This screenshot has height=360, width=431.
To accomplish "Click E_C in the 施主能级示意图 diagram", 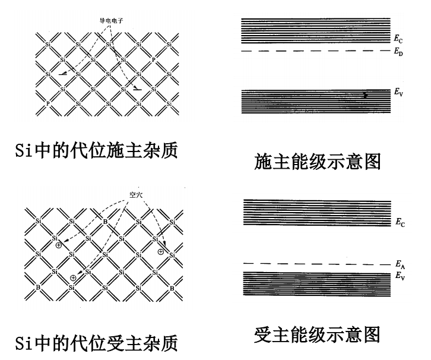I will click(x=398, y=39).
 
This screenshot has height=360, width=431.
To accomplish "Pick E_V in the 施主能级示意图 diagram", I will click(x=398, y=93).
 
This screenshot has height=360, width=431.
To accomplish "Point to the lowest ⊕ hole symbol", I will click(x=73, y=277).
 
